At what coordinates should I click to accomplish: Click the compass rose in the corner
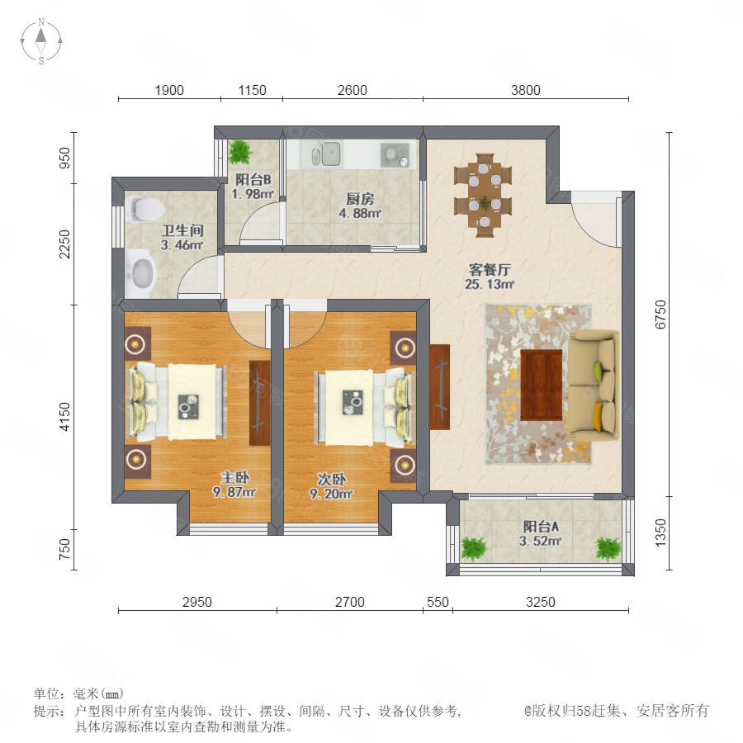[41, 41]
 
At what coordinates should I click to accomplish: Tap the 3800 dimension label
[526, 90]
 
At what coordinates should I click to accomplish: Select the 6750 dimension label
[660, 315]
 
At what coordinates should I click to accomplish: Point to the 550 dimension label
[438, 602]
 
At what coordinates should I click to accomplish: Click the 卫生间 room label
[182, 231]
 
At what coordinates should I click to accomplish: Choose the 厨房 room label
[360, 199]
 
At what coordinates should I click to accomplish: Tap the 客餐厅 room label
[490, 270]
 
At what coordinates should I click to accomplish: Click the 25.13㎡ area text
[490, 284]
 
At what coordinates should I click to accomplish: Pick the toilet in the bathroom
[145, 209]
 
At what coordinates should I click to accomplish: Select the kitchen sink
[326, 154]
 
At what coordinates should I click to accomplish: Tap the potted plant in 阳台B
[239, 152]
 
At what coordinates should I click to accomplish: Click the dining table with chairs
[484, 195]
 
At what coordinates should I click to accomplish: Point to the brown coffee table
[542, 386]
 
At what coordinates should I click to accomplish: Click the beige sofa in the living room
[594, 385]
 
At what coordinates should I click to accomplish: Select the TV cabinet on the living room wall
[439, 387]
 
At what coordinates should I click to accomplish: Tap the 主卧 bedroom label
[235, 478]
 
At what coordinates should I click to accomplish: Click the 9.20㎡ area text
[331, 495]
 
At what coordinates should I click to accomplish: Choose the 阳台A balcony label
[541, 526]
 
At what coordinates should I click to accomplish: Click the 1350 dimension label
[660, 532]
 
